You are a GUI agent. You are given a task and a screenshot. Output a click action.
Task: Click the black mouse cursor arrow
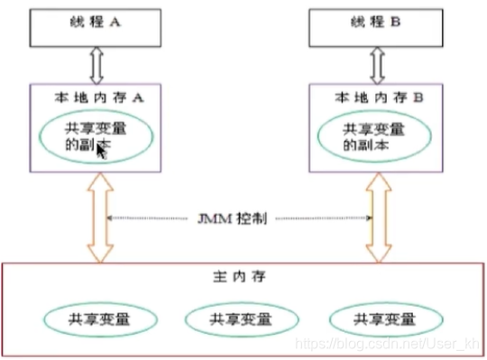[102, 152]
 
